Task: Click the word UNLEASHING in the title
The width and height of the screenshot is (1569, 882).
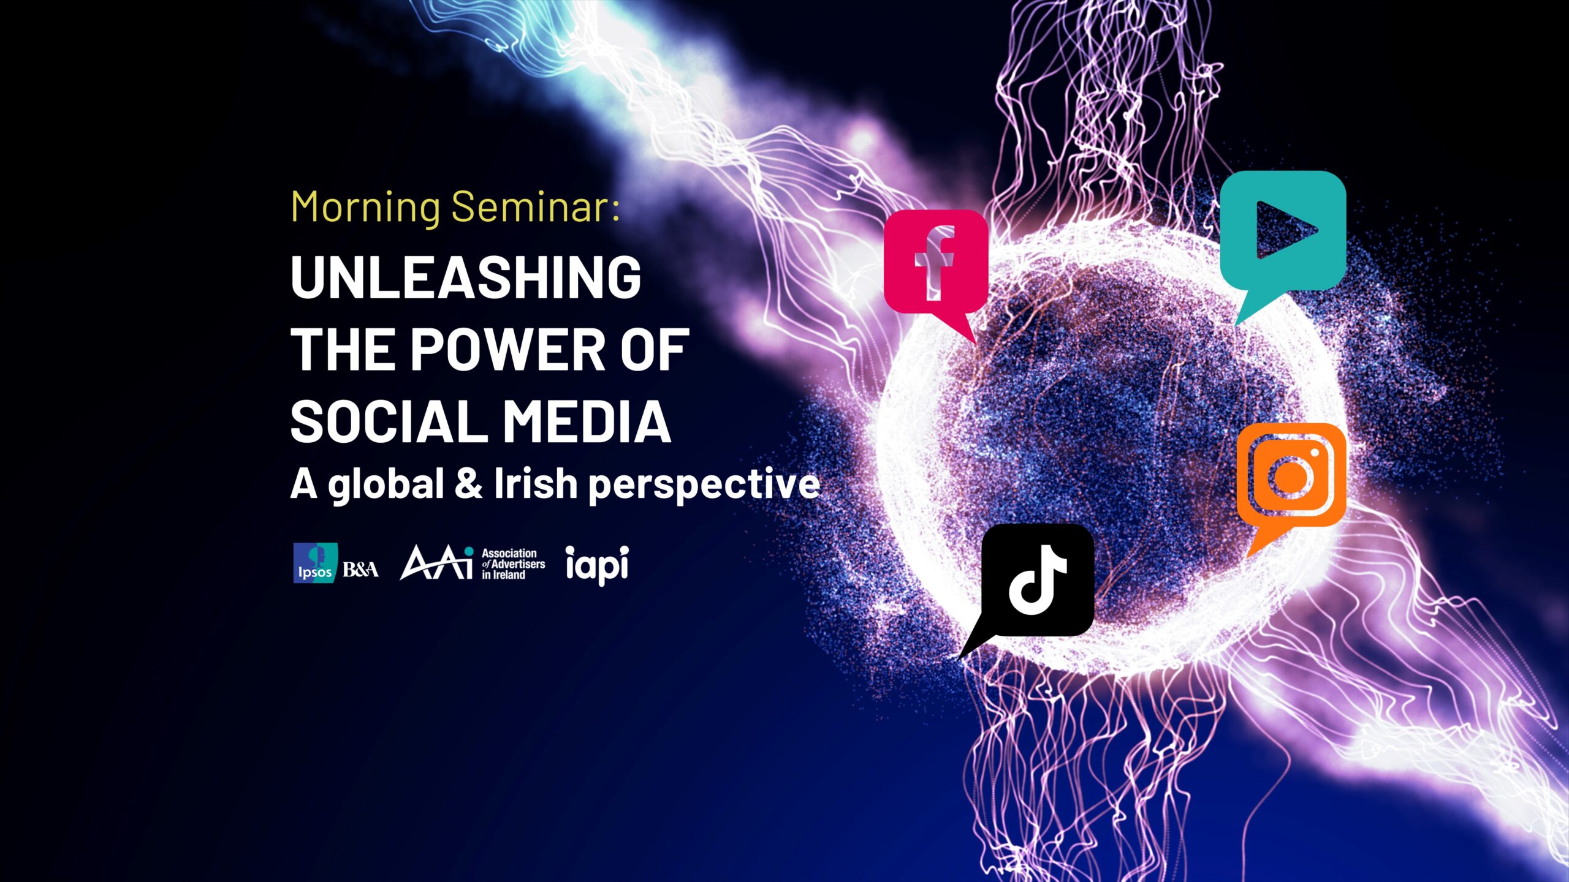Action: point(466,277)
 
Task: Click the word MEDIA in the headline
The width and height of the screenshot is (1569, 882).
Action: point(587,421)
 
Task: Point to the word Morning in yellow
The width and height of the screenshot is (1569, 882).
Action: point(366,208)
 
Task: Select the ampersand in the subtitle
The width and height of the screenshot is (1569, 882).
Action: point(469,483)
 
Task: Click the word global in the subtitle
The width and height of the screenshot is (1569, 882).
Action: point(385,486)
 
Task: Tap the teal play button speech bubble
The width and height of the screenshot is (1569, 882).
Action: point(1283,245)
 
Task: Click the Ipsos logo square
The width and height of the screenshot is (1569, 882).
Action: point(315,563)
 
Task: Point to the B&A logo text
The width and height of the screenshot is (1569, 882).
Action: point(360,570)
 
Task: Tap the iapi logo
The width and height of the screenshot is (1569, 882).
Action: point(597,565)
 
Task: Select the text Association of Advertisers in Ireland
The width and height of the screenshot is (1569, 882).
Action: point(513,564)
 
